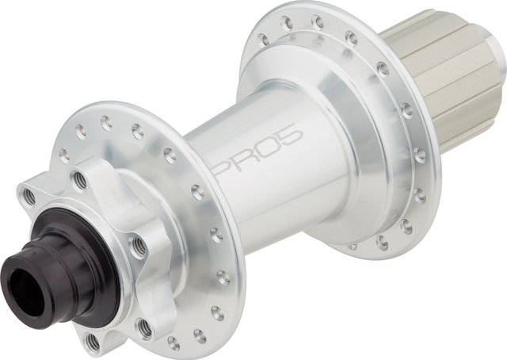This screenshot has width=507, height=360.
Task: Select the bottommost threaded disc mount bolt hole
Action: [x=93, y=341]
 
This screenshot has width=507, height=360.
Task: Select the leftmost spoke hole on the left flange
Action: [x=64, y=155]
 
